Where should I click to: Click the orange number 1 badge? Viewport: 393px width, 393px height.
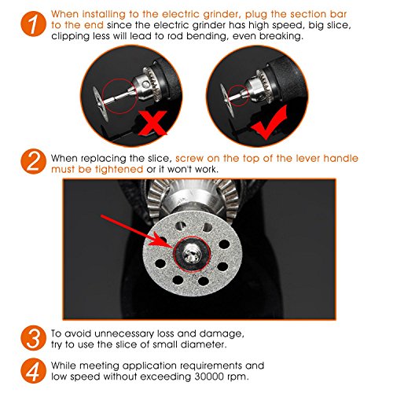click(x=33, y=24)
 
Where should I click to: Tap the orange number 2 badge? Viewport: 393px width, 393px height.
click(x=33, y=161)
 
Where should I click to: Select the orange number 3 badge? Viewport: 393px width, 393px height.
click(x=33, y=338)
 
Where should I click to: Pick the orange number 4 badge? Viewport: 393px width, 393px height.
click(x=33, y=371)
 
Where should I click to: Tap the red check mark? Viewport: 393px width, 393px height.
click(x=269, y=123)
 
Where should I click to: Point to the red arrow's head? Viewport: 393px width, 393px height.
click(x=162, y=241)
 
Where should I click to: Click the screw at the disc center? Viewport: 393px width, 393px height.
click(x=192, y=254)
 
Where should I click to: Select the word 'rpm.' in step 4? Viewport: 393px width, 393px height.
click(x=237, y=377)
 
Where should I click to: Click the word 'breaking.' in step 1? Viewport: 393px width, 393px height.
click(x=281, y=36)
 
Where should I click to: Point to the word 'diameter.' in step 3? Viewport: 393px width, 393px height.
click(x=203, y=344)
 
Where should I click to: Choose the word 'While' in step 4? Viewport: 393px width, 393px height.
click(x=64, y=365)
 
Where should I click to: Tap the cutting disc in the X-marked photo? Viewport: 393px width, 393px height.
click(x=100, y=104)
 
